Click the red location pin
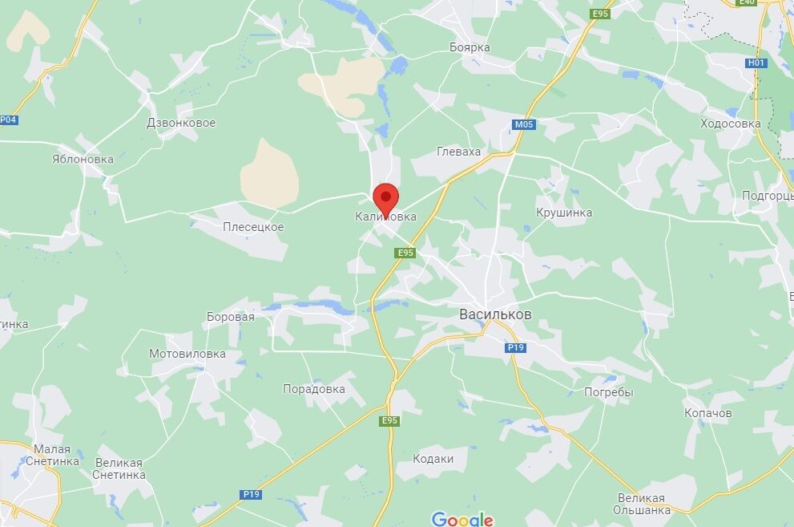point(386,197)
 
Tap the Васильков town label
point(495,314)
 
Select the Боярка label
point(470,47)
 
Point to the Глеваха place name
point(459,152)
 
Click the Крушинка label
point(564,213)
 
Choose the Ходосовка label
point(730,124)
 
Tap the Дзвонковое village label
point(181,123)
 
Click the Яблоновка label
point(83,159)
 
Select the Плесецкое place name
point(253,227)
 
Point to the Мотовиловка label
point(187,354)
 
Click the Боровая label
point(230,317)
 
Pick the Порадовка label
point(314,389)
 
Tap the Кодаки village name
point(433,459)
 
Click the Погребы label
point(609,392)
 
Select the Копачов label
point(708,413)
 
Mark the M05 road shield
point(523,124)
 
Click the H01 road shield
point(756,63)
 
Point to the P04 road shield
point(8,120)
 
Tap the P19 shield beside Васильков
point(515,347)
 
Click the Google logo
point(462,519)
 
